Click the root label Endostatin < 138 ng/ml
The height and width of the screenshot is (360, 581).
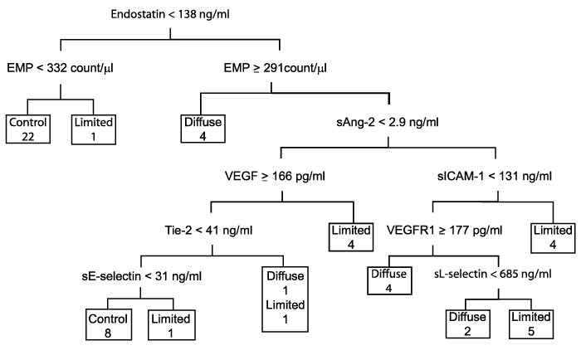point(170,14)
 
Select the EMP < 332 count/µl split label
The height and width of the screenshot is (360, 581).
point(60,68)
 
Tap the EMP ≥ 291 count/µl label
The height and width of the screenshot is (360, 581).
point(276,68)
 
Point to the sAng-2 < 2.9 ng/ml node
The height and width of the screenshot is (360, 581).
point(388,122)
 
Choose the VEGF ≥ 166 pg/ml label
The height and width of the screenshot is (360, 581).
point(275,176)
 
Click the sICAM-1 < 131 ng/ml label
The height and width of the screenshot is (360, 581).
point(495,176)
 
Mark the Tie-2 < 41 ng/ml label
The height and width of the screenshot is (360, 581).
point(208,231)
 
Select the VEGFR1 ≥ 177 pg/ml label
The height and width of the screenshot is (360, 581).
point(445,231)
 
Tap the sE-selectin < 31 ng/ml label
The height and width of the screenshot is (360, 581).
point(142,276)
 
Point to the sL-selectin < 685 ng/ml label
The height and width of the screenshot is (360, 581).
point(493,274)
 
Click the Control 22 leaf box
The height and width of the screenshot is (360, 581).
point(28,129)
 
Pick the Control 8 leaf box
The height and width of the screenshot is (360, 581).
point(109,325)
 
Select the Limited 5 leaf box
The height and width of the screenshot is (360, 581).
point(531,324)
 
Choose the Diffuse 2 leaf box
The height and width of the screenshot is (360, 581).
point(467,324)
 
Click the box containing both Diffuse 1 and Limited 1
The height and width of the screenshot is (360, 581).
point(285,299)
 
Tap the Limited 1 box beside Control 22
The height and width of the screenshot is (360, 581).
point(93,129)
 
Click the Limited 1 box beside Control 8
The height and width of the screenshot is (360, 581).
point(172,325)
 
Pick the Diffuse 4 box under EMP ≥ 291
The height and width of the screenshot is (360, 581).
point(203,129)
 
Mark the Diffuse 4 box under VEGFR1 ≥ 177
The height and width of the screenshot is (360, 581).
point(389,280)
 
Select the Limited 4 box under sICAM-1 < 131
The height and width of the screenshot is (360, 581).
point(553,238)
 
